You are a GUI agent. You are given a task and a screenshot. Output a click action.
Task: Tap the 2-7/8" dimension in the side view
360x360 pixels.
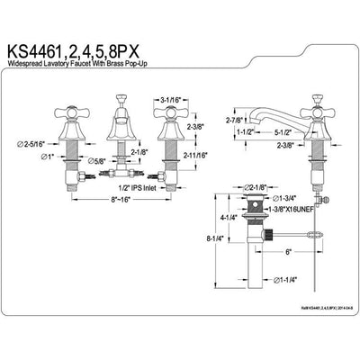[239, 118]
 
